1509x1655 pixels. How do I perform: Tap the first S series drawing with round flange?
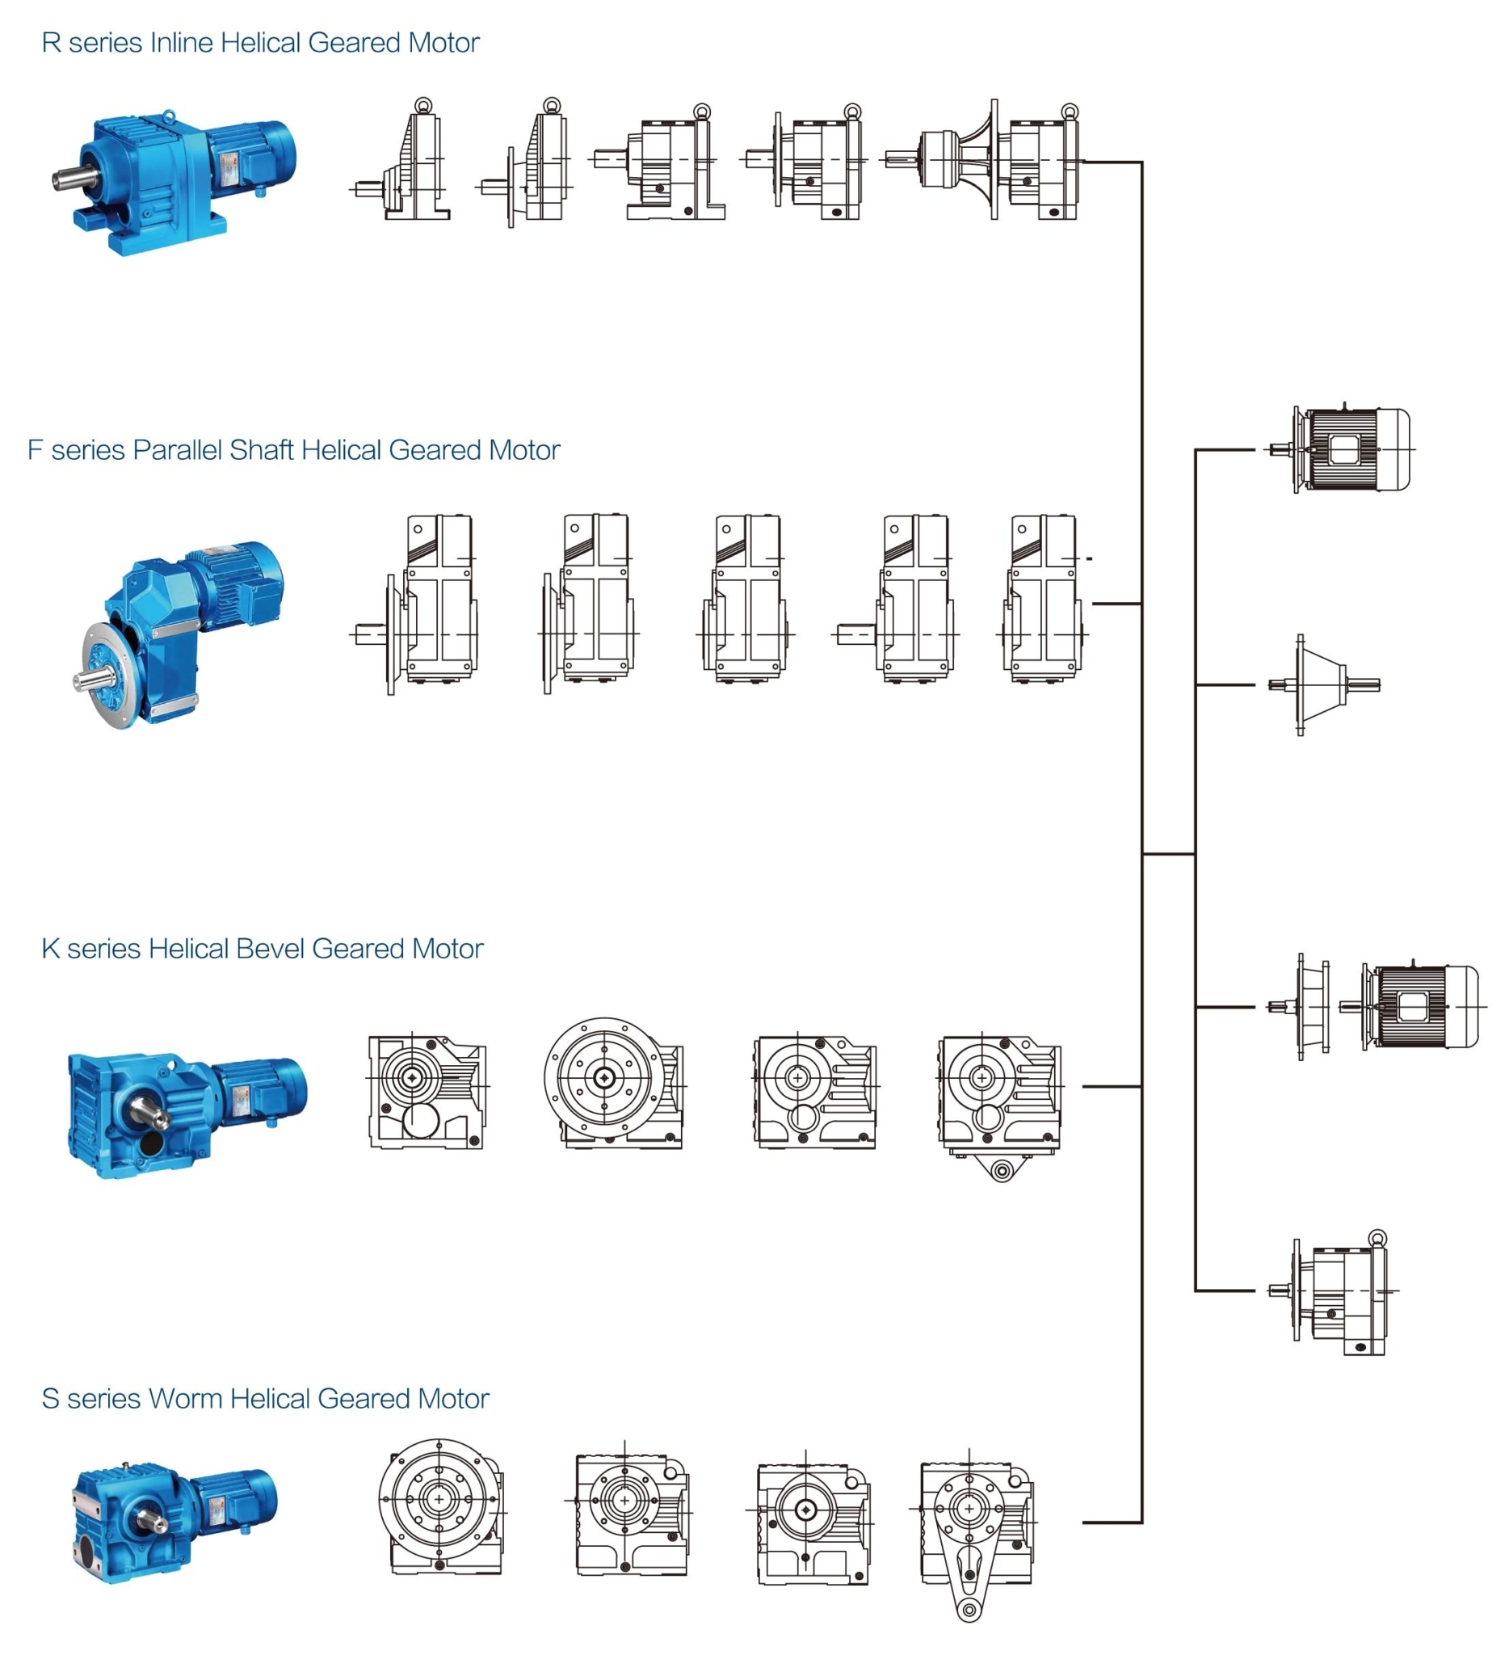[440, 1506]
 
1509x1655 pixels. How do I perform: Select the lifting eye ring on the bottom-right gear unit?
[1377, 1237]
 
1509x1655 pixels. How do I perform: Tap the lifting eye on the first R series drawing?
[422, 104]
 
